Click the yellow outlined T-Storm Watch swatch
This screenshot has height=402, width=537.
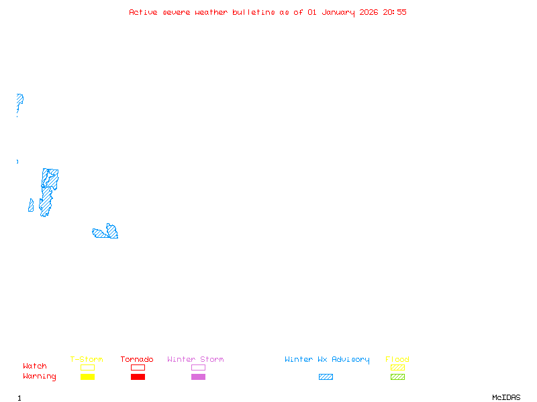pos(87,367)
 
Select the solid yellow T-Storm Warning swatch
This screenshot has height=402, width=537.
pos(87,377)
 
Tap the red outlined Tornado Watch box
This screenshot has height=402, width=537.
pos(138,367)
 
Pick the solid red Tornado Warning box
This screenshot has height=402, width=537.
pos(138,377)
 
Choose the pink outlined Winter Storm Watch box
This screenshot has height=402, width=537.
pos(198,367)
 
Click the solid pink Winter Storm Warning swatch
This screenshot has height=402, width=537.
pos(198,377)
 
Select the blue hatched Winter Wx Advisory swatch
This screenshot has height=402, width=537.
pos(326,377)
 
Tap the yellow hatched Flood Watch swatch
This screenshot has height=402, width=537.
pos(397,367)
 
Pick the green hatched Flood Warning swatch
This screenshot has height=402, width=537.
pos(397,377)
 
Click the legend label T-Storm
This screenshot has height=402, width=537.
pos(87,359)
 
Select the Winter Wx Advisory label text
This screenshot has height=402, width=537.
pos(327,359)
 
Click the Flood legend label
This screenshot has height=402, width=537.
pos(397,359)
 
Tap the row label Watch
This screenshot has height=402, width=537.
pos(35,366)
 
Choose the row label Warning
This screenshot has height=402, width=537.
pos(40,377)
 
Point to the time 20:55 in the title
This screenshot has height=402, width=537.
pos(395,12)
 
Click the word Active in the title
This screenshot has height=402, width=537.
pos(144,12)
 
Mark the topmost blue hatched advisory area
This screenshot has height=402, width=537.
pos(19,100)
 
